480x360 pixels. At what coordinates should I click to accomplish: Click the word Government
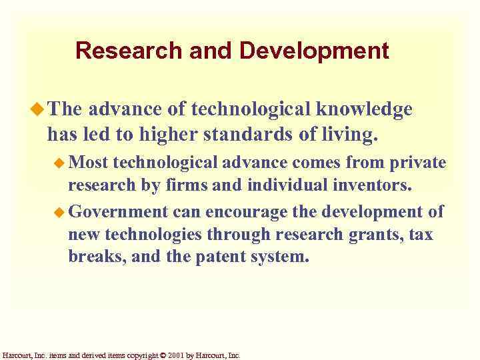click(x=118, y=212)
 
